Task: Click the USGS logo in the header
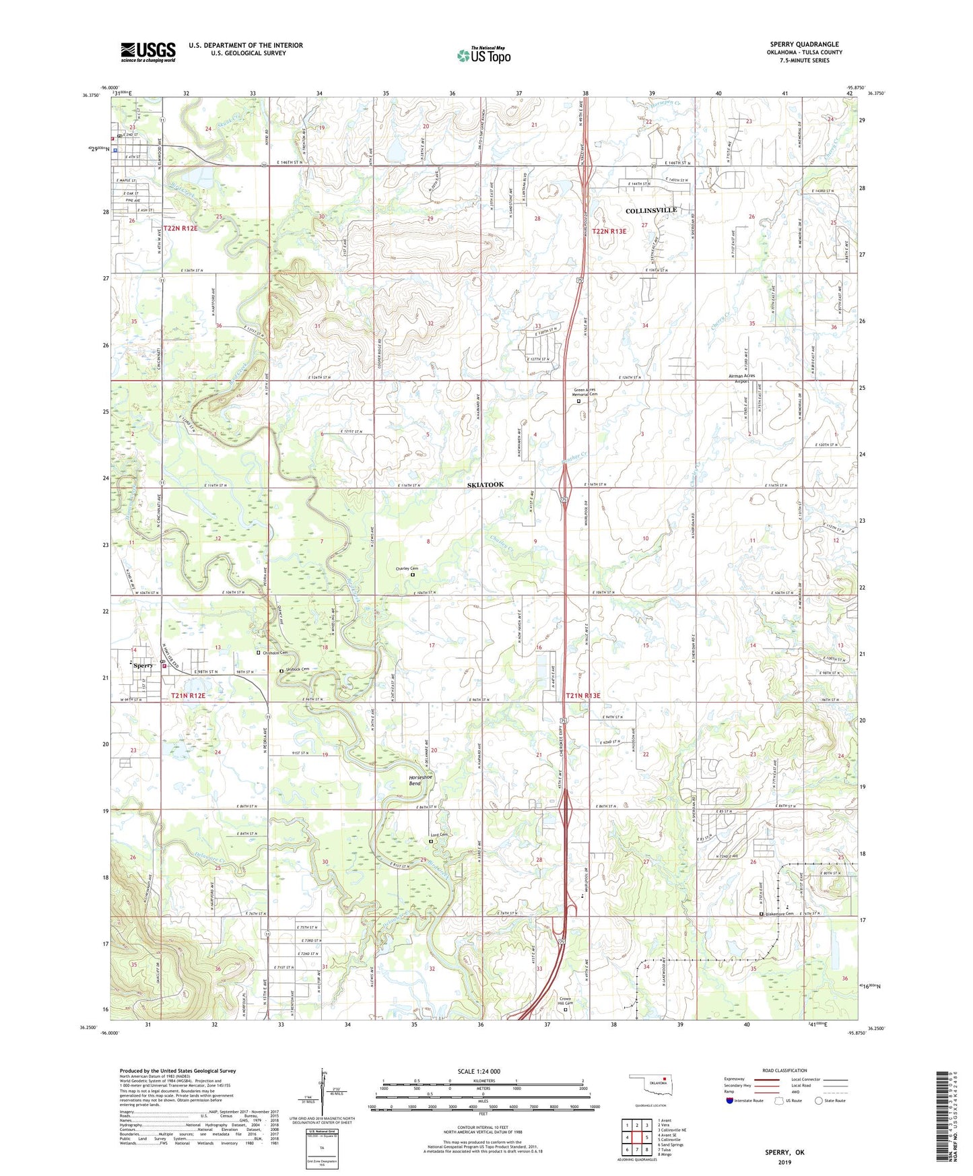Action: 148,52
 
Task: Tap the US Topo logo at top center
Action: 483,55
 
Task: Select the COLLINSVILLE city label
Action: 651,211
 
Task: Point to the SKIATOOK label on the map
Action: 485,485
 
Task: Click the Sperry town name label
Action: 143,665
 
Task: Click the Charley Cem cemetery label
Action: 407,569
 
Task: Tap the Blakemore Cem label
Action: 780,914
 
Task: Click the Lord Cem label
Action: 439,836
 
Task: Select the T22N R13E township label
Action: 609,232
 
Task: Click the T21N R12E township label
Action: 188,695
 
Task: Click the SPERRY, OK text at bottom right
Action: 784,1152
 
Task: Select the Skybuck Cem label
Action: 298,669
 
